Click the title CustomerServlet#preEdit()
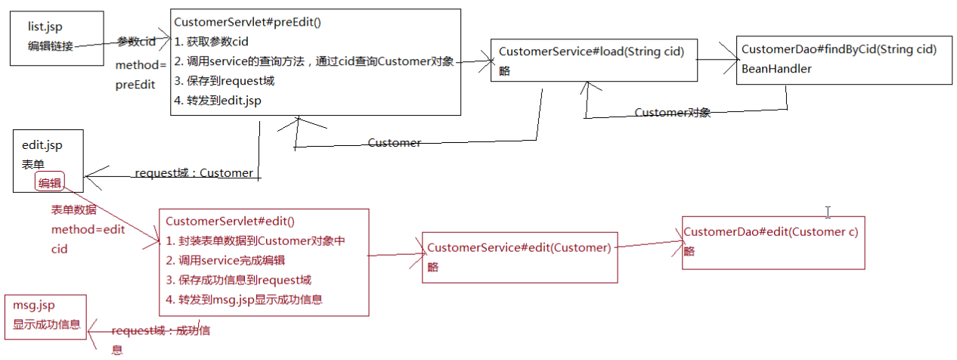coord(247,23)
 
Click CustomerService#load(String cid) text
coord(591,51)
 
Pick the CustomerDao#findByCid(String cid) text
coord(839,49)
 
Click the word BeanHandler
coord(776,69)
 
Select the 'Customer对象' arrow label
coord(672,113)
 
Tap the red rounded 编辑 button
coord(51,182)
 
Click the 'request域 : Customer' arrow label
coord(194,173)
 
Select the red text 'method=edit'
coord(88,229)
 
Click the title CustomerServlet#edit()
coord(230,222)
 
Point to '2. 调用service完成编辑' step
coord(225,260)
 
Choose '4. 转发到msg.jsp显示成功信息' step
coord(244,299)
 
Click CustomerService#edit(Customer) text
coord(519,247)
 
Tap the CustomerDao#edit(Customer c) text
coord(770,231)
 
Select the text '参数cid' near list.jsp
coord(136,42)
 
